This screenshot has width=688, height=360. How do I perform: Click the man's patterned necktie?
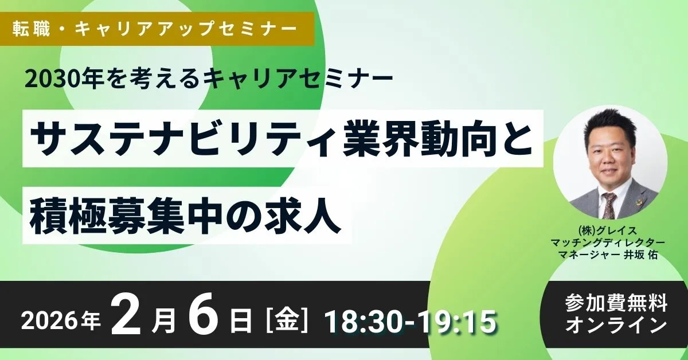click(609, 204)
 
